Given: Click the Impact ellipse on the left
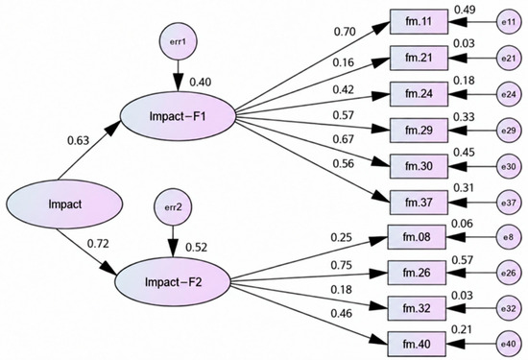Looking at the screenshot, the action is click(64, 204).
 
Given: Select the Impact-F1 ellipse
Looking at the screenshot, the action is click(179, 116).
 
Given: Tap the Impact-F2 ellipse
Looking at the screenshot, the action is click(173, 281).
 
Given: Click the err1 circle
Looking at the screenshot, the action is click(178, 41).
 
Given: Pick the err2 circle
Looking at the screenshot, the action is click(173, 206).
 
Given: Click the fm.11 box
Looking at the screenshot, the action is click(419, 22).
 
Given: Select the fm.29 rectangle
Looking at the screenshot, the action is click(419, 131).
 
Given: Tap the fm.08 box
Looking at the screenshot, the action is click(417, 237).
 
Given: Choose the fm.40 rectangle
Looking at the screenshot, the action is click(417, 345).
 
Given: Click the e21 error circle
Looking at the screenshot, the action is click(509, 59).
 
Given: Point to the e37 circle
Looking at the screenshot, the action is click(509, 203).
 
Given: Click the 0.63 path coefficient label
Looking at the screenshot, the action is click(79, 140).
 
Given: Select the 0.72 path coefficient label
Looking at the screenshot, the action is click(98, 244).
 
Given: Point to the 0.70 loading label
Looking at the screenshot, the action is click(345, 32).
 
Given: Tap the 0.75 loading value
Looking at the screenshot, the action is click(341, 265).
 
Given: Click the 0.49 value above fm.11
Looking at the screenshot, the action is click(465, 10).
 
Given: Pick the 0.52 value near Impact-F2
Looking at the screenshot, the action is click(196, 248).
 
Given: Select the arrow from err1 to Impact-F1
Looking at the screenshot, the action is click(178, 76).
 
